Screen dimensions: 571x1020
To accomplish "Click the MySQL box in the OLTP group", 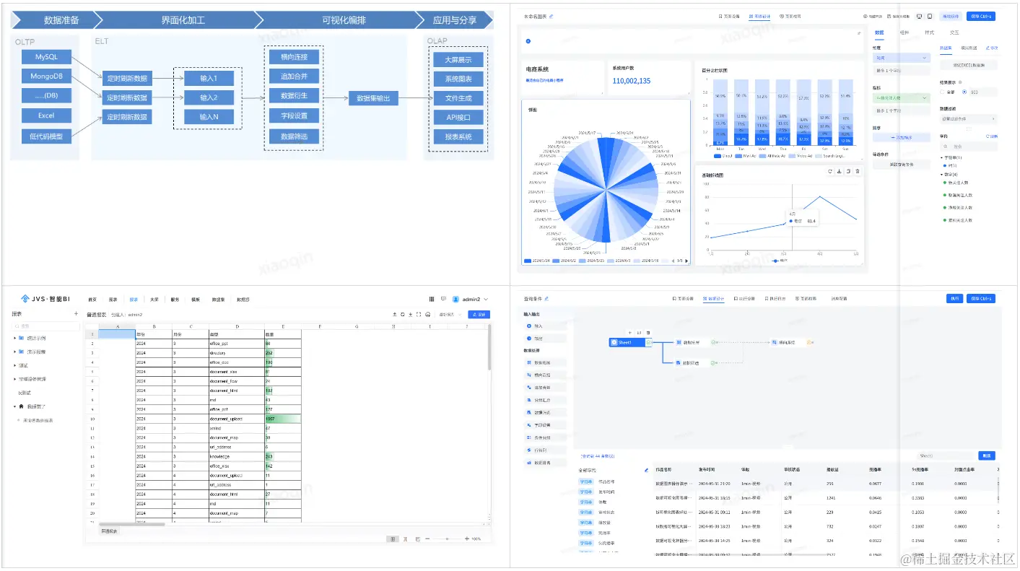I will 46,56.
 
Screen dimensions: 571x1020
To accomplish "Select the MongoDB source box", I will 46,76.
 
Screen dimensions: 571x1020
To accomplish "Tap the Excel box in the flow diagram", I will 46,115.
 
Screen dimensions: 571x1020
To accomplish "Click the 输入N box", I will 208,116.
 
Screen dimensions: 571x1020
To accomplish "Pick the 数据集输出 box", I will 373,99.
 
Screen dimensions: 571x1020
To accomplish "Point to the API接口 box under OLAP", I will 458,117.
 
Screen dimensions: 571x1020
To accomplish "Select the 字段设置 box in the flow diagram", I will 294,116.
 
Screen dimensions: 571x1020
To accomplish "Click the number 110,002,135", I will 632,81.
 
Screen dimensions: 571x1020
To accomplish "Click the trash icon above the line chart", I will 857,171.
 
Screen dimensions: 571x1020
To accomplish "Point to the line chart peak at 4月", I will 819,196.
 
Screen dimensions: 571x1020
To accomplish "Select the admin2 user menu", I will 471,299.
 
